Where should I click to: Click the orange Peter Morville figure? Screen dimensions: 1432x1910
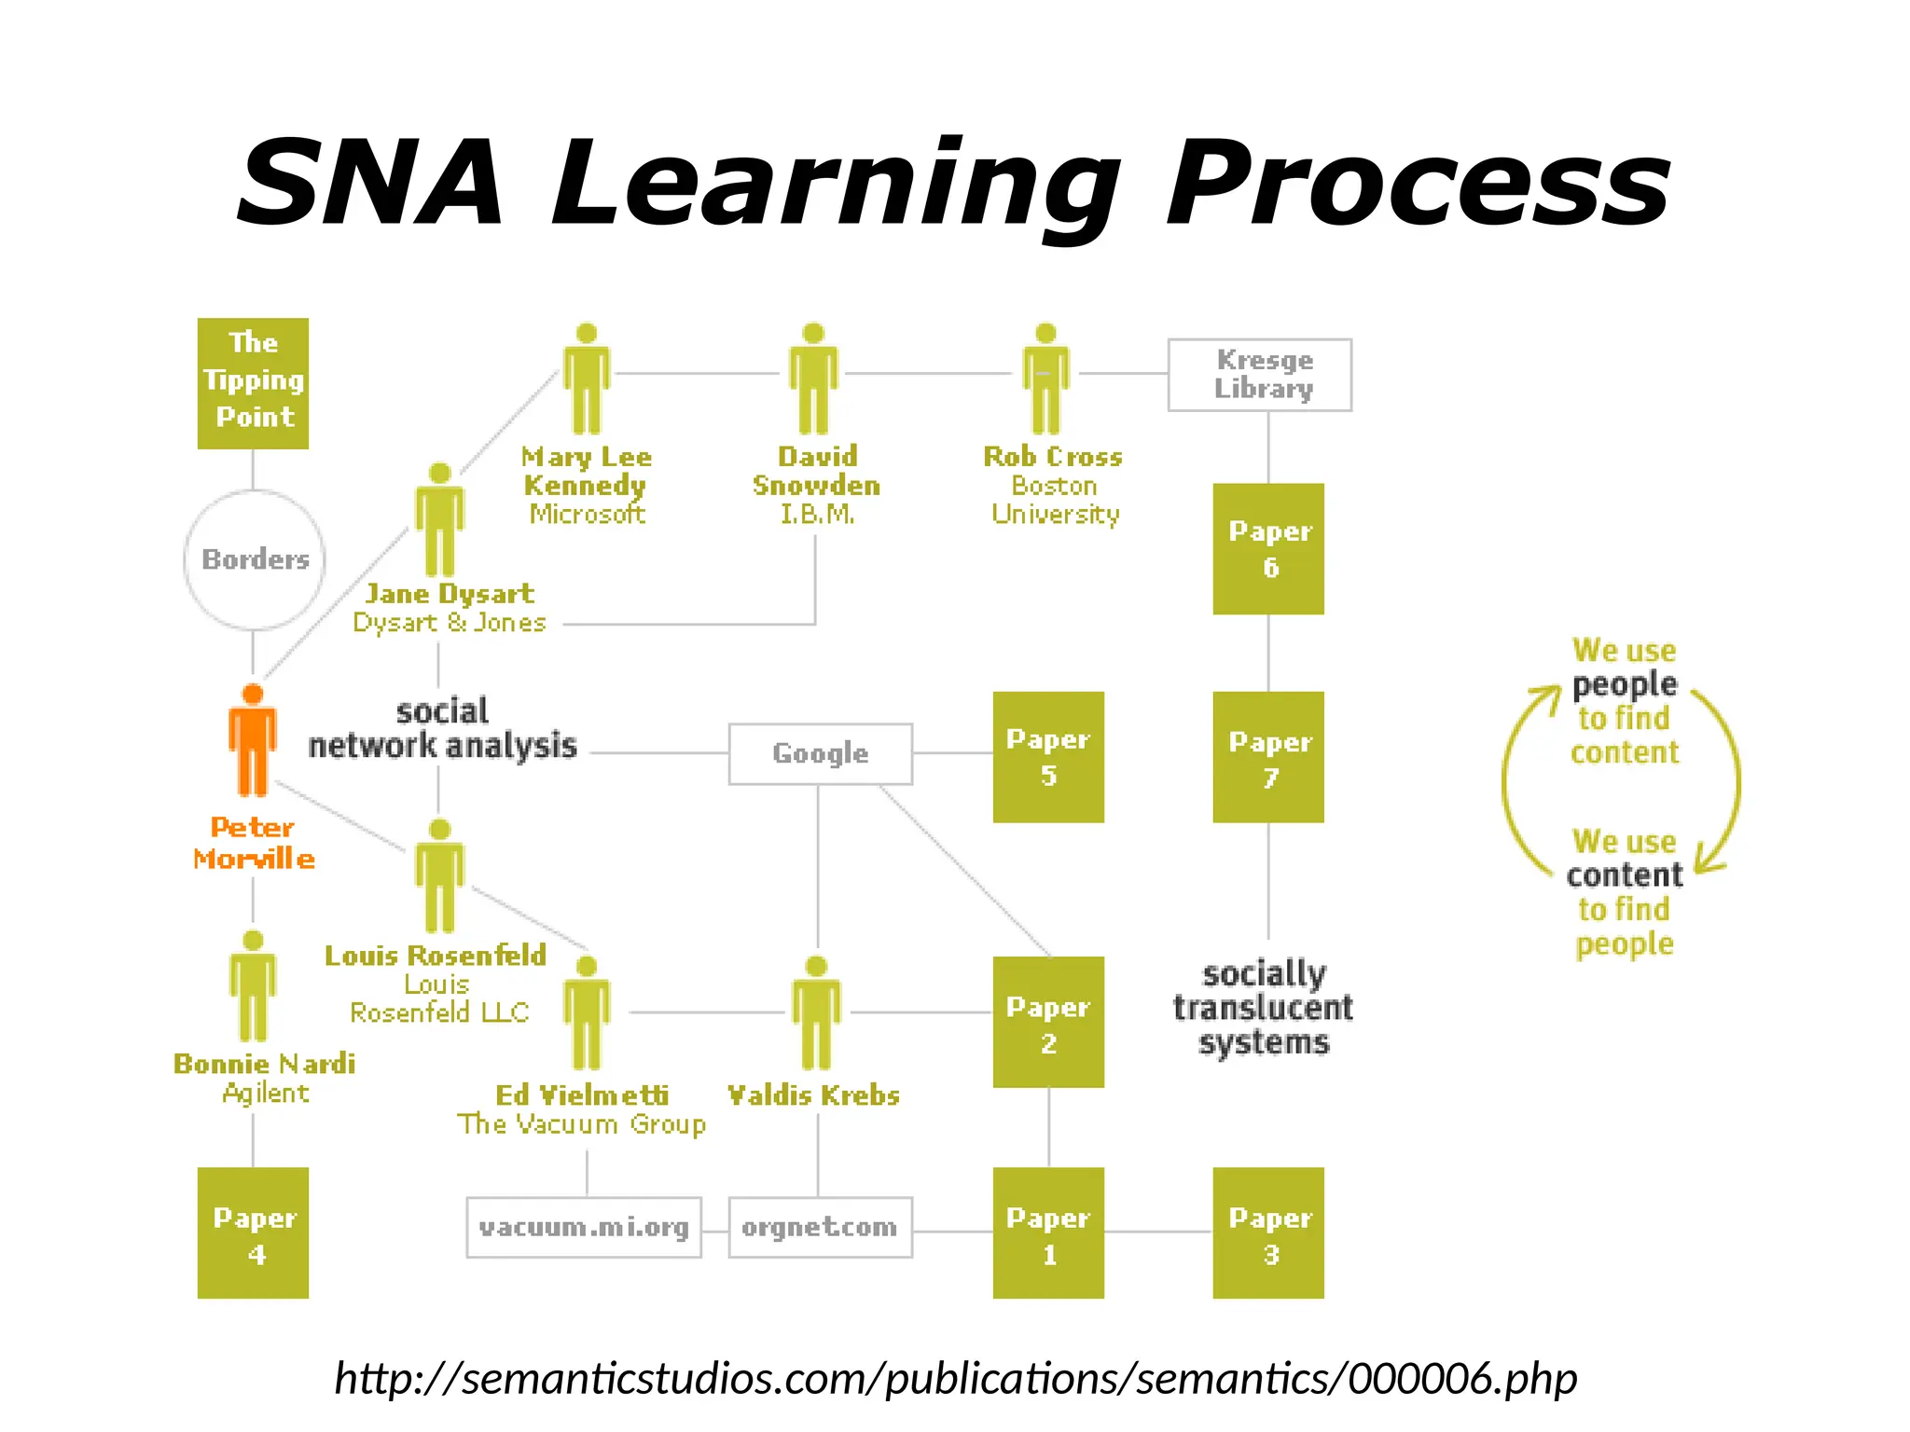click(x=253, y=742)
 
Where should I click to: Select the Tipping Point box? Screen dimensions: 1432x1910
click(x=253, y=383)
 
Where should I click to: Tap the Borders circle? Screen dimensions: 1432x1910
click(x=255, y=559)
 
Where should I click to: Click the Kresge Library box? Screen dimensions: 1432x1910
click(x=1259, y=375)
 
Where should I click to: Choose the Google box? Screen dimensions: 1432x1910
click(x=820, y=753)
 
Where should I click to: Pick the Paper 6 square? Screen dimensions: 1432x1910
click(x=1268, y=548)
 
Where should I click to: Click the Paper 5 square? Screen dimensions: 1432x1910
click(x=1048, y=757)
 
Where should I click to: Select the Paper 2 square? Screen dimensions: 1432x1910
click(x=1048, y=1022)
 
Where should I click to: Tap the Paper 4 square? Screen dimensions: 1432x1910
click(x=253, y=1232)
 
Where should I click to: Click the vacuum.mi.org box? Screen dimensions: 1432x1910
click(x=584, y=1227)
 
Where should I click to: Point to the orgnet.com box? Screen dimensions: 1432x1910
click(x=820, y=1227)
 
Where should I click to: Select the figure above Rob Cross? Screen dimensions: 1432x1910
click(x=1045, y=379)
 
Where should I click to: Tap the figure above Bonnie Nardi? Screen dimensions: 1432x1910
click(x=253, y=986)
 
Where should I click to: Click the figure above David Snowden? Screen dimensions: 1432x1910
click(x=813, y=379)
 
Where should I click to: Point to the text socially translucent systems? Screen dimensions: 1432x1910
click(x=1264, y=1008)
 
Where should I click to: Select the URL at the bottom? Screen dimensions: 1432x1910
click(x=955, y=1378)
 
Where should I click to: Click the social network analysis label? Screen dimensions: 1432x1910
click(x=442, y=729)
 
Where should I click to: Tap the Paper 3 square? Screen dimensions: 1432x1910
click(x=1268, y=1232)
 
